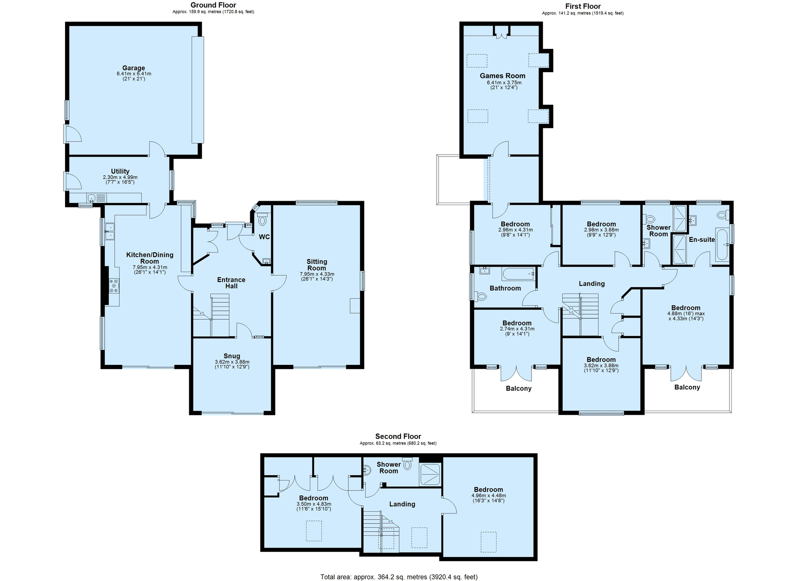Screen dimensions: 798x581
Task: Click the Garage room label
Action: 134,68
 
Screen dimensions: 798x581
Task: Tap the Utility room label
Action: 120,171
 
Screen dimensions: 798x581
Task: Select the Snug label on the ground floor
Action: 232,356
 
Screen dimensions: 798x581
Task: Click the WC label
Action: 264,237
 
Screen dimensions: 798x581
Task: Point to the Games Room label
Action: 502,76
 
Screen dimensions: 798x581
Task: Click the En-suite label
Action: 702,239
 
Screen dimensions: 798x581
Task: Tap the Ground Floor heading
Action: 213,5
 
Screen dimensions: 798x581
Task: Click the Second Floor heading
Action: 398,436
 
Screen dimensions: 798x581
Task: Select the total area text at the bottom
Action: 399,577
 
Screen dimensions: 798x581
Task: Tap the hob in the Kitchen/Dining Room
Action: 114,286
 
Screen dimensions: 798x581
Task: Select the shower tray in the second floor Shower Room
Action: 430,474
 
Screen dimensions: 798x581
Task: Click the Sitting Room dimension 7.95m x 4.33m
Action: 317,274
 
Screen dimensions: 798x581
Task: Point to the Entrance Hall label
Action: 231,283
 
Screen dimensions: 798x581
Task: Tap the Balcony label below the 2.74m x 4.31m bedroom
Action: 519,389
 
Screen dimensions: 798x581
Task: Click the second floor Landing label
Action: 402,504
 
